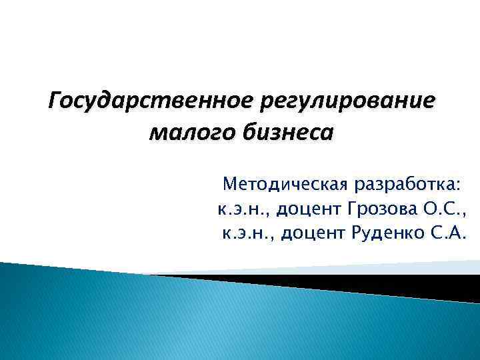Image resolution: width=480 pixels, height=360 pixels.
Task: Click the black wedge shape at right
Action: (400, 283)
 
